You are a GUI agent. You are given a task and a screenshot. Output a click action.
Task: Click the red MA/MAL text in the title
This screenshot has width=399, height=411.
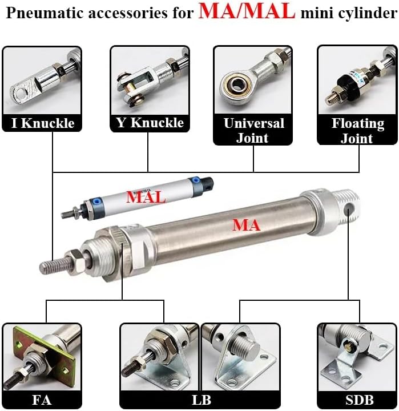pos(247,13)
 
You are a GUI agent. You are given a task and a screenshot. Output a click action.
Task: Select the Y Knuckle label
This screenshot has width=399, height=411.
pos(149,123)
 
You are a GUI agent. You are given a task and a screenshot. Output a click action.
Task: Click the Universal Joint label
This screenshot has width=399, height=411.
pos(253,131)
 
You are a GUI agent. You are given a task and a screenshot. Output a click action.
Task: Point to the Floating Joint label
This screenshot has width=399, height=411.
pos(357,131)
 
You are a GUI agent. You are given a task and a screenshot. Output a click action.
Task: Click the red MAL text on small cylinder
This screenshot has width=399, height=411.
pos(146,198)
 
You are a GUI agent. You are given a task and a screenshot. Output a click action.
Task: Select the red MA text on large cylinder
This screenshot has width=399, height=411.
pos(246,225)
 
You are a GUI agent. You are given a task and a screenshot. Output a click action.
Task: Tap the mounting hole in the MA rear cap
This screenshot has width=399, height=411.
pos(350,211)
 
